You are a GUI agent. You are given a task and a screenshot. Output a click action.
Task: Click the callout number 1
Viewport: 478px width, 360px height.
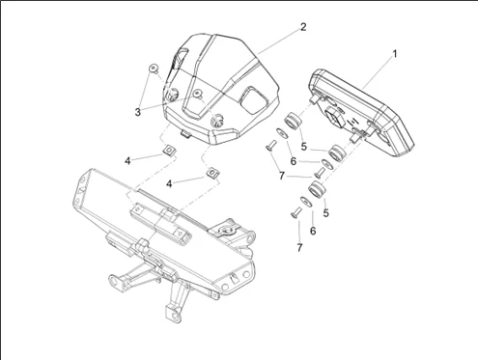[x=395, y=54]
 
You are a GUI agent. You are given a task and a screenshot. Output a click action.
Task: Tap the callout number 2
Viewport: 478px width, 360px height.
[x=303, y=27]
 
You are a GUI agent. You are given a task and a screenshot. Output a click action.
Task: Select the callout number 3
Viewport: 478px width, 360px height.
[x=138, y=112]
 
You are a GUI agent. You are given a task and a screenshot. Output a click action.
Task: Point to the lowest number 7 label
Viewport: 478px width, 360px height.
[x=299, y=247]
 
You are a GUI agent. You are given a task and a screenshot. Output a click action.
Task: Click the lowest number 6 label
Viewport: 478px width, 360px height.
[x=313, y=231]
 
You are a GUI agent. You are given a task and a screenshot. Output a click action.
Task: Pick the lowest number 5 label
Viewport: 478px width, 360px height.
[x=326, y=212]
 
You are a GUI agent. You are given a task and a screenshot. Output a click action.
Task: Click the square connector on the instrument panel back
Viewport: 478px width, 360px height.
[x=334, y=115]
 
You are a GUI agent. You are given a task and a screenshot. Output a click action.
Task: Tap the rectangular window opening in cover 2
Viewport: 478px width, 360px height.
[x=254, y=99]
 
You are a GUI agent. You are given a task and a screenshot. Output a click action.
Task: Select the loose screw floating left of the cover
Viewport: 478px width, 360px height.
[x=154, y=69]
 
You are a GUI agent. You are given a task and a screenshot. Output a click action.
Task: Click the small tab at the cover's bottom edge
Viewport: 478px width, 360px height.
[x=184, y=133]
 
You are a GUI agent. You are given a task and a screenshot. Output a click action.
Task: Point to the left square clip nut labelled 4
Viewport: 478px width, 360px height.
[x=168, y=150]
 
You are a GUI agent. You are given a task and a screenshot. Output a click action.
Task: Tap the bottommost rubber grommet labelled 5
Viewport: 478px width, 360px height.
[x=318, y=189]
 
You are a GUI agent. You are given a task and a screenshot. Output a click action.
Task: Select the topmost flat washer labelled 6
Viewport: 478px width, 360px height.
[x=282, y=132]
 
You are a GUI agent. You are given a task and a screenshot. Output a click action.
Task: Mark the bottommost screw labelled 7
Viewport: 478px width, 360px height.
[x=296, y=212]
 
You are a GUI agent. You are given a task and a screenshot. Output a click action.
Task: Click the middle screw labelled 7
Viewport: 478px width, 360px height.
[x=321, y=173]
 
